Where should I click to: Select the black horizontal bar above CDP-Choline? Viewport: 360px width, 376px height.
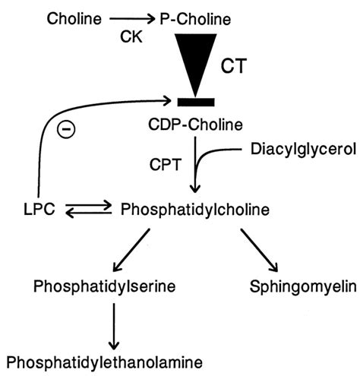point(197,101)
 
